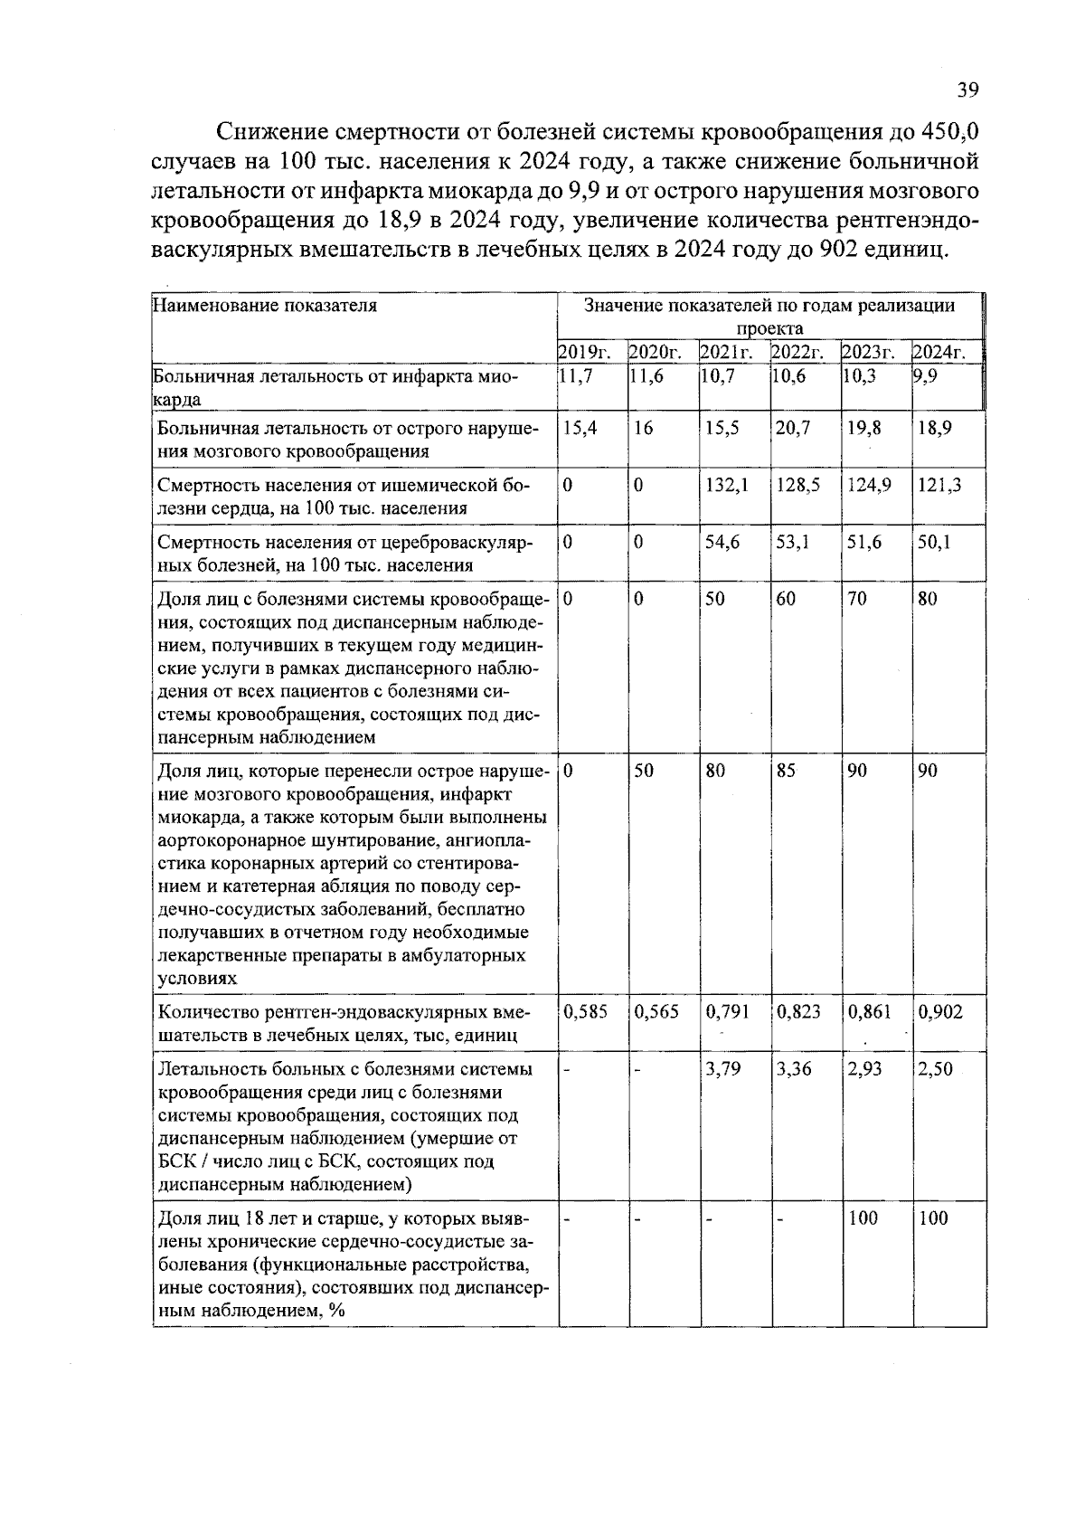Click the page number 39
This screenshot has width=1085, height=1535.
pyautogui.click(x=967, y=90)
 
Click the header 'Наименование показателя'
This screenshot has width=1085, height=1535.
pyautogui.click(x=265, y=306)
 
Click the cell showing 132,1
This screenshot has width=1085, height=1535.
pyautogui.click(x=726, y=485)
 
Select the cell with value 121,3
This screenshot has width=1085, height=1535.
pyautogui.click(x=939, y=485)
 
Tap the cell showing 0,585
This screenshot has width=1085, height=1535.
pyautogui.click(x=585, y=1012)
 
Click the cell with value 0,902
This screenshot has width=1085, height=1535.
pyautogui.click(x=940, y=1012)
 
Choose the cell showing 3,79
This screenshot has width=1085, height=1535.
pyautogui.click(x=722, y=1069)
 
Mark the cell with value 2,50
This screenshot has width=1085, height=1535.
pyautogui.click(x=936, y=1069)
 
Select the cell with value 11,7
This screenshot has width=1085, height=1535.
pyautogui.click(x=576, y=376)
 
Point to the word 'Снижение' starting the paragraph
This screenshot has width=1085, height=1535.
pyautogui.click(x=272, y=132)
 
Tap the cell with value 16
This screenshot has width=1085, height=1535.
pyautogui.click(x=643, y=428)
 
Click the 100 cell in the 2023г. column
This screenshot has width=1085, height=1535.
pyautogui.click(x=863, y=1218)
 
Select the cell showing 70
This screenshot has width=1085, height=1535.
pyautogui.click(x=856, y=599)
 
